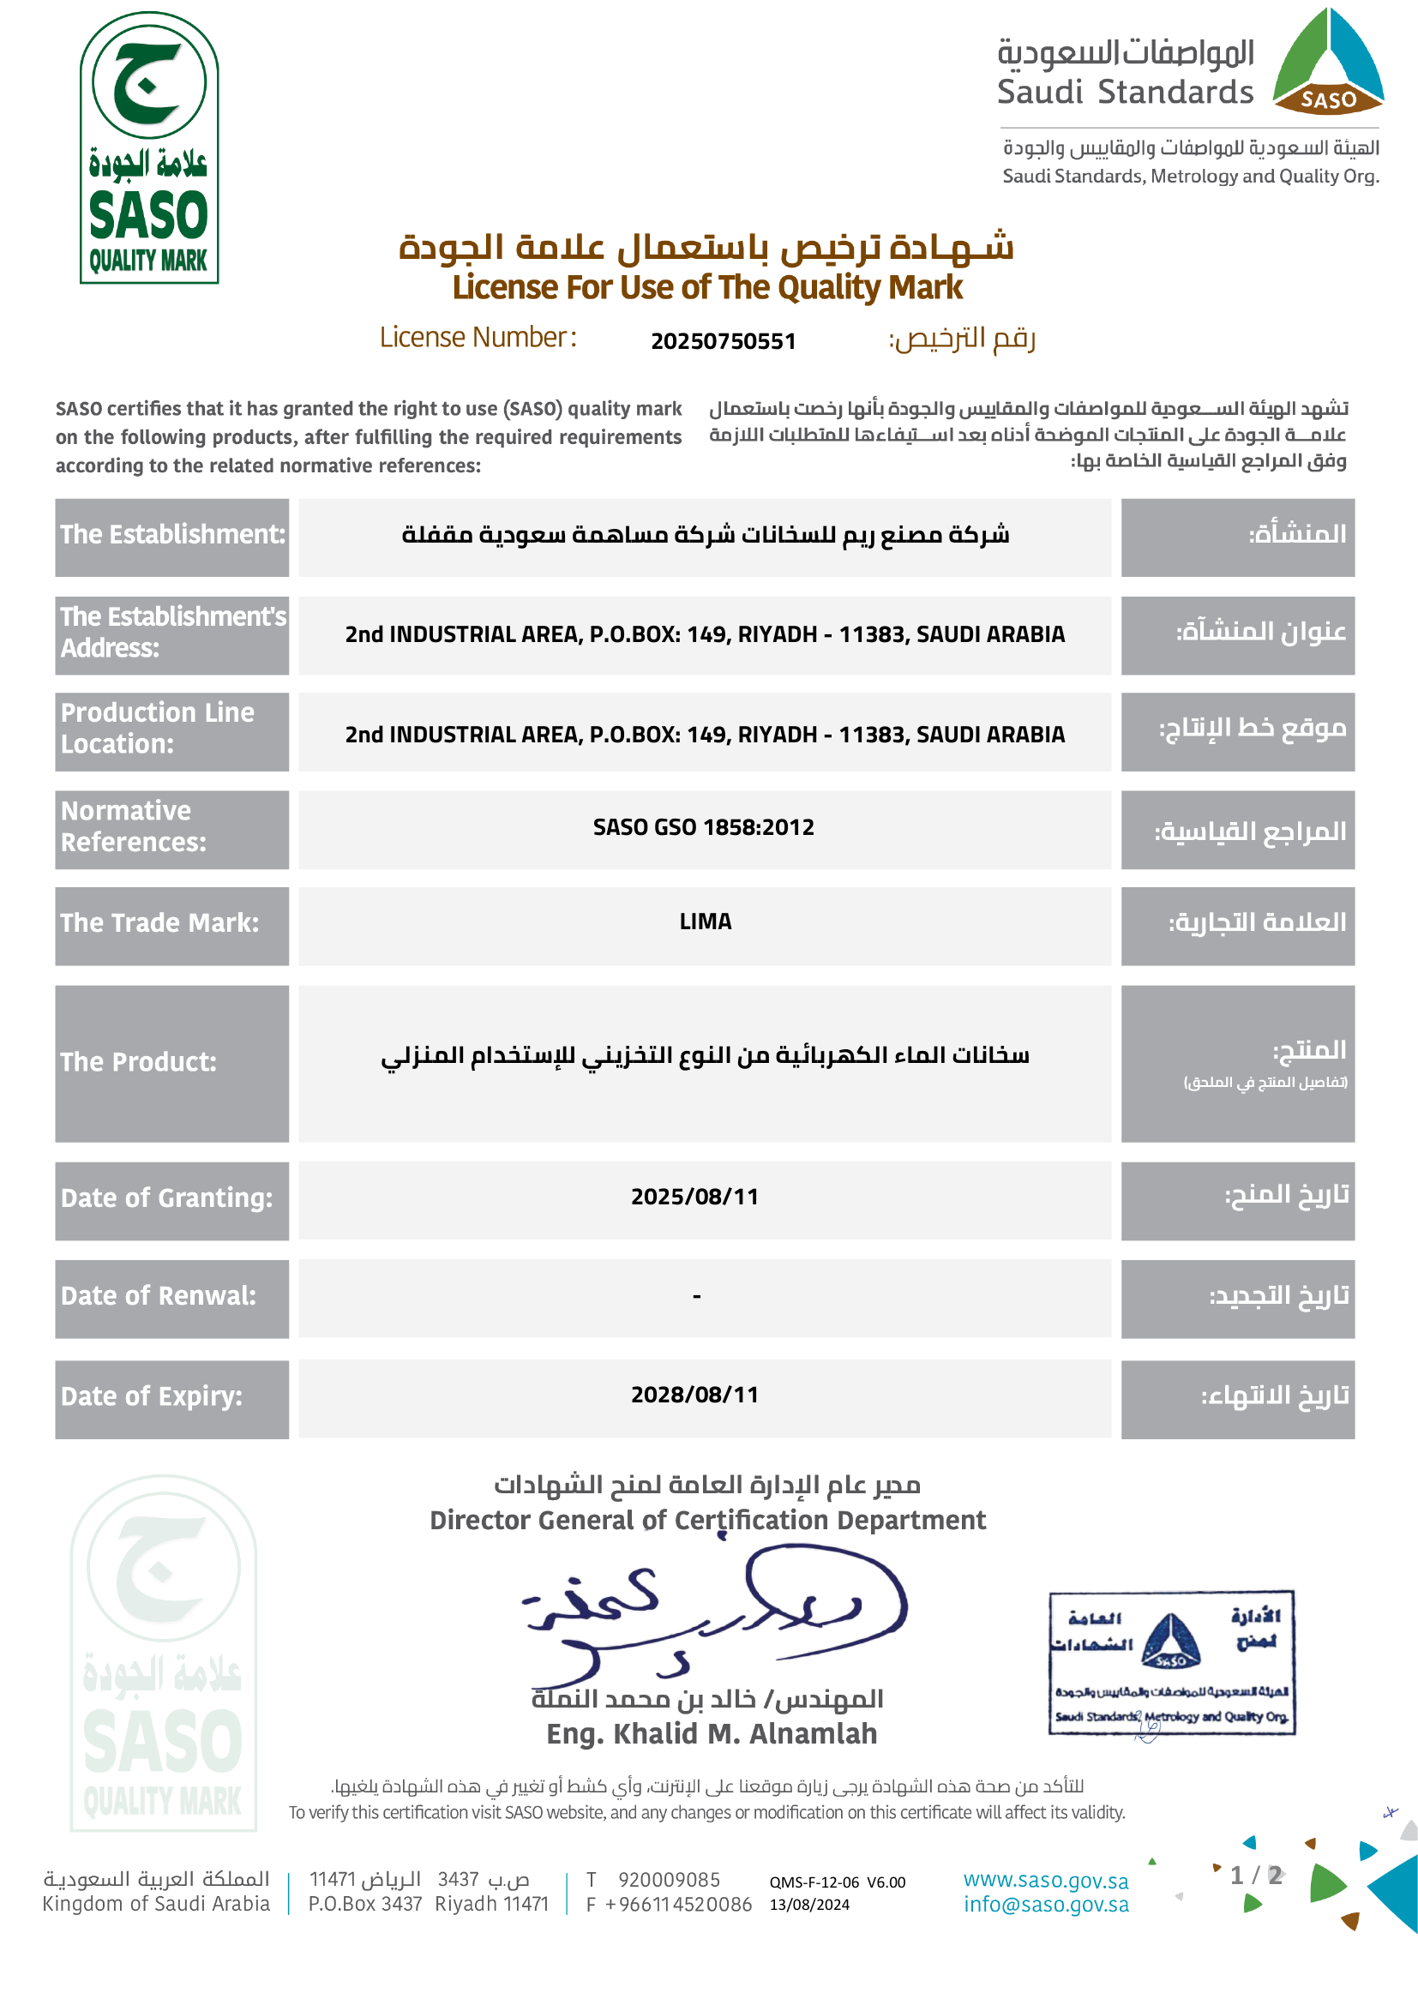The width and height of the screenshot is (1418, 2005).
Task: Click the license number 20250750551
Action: [723, 340]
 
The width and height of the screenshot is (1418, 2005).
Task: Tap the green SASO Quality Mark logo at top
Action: [149, 147]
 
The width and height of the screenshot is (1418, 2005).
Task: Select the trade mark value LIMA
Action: [705, 921]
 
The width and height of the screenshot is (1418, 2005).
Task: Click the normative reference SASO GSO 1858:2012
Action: [703, 827]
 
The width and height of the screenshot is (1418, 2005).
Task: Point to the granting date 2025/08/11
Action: [694, 1197]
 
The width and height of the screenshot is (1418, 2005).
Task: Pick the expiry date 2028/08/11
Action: [694, 1395]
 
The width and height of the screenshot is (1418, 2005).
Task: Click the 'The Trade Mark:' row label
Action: [159, 923]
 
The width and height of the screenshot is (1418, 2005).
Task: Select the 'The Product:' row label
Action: [138, 1062]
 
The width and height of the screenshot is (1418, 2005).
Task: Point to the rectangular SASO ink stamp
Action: [1171, 1662]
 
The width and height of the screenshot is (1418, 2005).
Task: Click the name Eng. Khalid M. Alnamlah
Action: [712, 1734]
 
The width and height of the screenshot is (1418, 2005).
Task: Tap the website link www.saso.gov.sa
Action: [1045, 1880]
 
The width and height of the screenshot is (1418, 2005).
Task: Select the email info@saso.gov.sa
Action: [1045, 1905]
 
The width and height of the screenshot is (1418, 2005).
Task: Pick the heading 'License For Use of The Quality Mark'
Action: [707, 287]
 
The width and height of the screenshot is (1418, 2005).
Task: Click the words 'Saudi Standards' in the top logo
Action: [1125, 92]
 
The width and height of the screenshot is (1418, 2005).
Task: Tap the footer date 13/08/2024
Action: [808, 1905]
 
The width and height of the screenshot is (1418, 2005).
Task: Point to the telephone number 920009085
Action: [669, 1879]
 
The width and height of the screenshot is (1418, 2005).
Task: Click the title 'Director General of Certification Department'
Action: [707, 1521]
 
